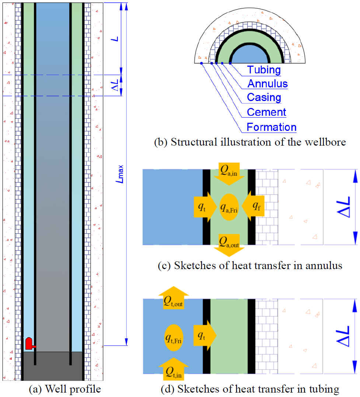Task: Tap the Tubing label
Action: coord(264,70)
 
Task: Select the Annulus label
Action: coord(268,84)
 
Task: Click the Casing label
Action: coord(264,97)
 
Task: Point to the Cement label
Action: coord(266,112)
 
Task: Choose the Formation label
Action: coord(272,127)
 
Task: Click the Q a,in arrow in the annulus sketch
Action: coord(229,174)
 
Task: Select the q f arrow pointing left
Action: coord(253,206)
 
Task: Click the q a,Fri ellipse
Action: coord(229,207)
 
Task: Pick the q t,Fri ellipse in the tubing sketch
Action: coord(174,338)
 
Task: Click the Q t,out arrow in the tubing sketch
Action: coord(174,297)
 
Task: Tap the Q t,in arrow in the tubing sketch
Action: coord(174,369)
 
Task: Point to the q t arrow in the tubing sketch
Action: coord(205,335)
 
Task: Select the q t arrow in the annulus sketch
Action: coord(205,207)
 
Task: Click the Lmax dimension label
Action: coord(119,174)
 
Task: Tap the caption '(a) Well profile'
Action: coord(65,389)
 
